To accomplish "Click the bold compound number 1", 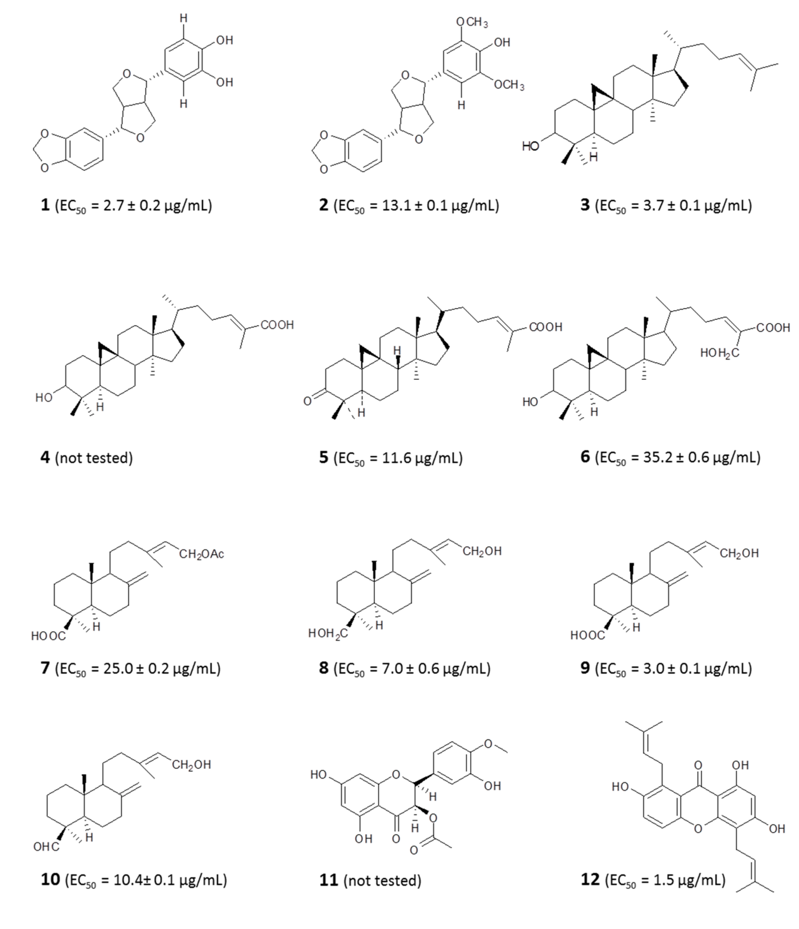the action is [x=45, y=205].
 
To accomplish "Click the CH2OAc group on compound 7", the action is [x=201, y=554].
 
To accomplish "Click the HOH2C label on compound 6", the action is [x=719, y=353].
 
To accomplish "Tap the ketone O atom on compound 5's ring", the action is [x=307, y=401].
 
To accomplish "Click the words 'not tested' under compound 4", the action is [x=94, y=458].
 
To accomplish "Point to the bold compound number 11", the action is [x=328, y=880].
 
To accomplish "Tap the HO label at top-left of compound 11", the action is [x=319, y=774].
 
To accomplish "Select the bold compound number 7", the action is [x=45, y=668].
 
